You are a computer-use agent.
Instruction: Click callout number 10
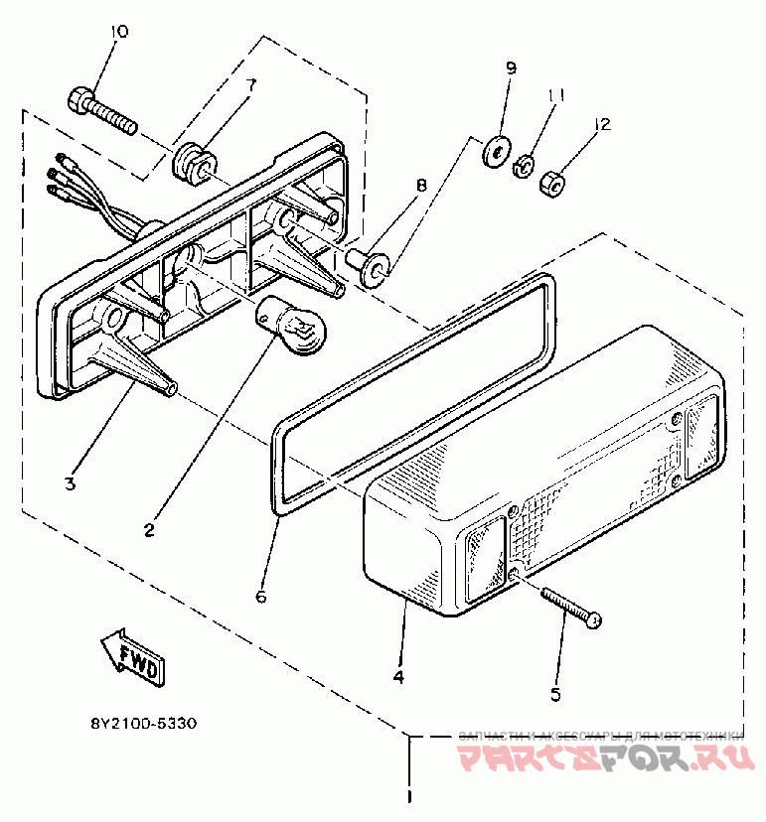tap(118, 32)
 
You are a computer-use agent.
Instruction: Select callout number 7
tap(250, 85)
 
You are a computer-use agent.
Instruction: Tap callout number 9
tap(511, 68)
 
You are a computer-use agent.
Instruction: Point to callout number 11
tap(556, 95)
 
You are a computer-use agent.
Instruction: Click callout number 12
tap(601, 124)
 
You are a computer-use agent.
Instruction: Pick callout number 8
tap(421, 186)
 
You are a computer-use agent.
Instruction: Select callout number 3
tap(70, 483)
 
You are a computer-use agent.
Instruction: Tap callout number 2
tap(149, 529)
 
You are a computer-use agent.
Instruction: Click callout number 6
tap(261, 597)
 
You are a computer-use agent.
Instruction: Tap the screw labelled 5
tap(571, 607)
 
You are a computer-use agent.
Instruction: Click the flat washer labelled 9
tap(494, 153)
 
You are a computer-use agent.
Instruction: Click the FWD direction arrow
tap(132, 657)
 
